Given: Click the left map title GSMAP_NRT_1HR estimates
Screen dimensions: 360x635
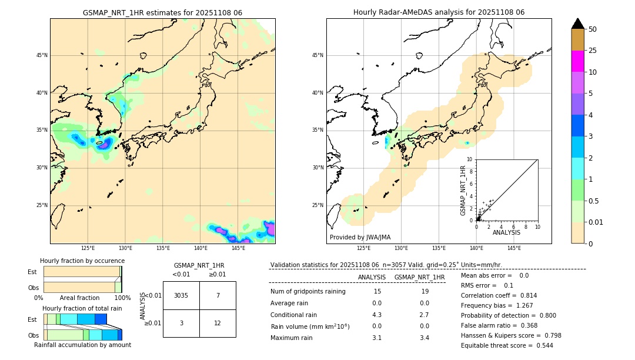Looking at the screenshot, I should pos(162,12).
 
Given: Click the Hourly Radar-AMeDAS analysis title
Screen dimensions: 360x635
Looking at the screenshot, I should pos(439,12).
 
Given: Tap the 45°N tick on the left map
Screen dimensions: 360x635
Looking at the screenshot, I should pos(42,55).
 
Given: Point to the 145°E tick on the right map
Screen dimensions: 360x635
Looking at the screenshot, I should pos(514,248).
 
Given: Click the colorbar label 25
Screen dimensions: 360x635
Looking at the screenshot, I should pos(593,51).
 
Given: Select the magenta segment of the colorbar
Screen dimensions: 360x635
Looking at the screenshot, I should pos(577,61).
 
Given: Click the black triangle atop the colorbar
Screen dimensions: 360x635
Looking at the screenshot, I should pos(577,24).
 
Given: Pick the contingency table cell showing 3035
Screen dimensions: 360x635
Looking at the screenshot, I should pos(181,295).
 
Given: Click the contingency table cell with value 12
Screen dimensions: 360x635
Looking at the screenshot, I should pos(218,323).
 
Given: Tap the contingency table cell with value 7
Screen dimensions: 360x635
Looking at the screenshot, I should pos(218,295).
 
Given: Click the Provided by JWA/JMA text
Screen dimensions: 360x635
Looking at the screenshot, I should pos(360,237).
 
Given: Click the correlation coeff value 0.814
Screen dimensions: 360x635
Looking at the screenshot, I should pos(524,295).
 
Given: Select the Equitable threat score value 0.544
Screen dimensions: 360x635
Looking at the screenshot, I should pos(541,345).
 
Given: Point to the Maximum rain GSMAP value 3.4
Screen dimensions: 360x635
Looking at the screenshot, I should pos(424,338).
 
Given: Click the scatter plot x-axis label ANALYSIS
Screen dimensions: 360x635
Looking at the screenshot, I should pos(506,233).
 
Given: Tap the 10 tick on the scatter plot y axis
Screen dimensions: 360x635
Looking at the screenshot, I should pos(470,159).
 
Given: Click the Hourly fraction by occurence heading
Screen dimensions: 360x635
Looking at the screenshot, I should pos(82,261).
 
